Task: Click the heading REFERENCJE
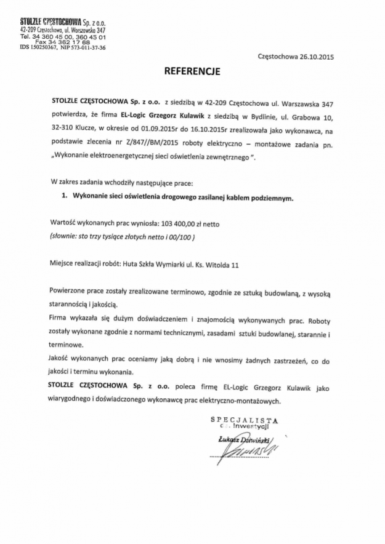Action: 192,71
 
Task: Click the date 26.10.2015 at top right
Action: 312,55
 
